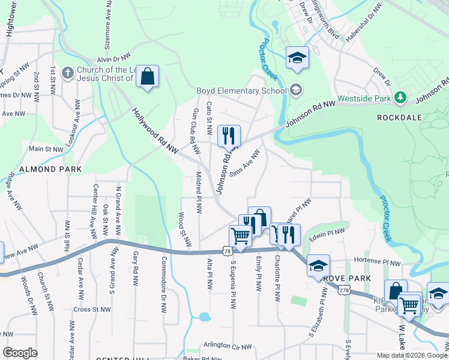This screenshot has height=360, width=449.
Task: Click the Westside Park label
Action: [x=364, y=98]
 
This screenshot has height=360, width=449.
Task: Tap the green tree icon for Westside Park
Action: [x=400, y=97]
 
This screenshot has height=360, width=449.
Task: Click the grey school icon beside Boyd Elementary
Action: [x=295, y=91]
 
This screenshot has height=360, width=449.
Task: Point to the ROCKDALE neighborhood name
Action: [x=401, y=118]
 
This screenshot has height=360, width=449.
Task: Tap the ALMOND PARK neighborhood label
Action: [x=50, y=170]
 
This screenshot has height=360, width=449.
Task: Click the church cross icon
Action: [x=67, y=73]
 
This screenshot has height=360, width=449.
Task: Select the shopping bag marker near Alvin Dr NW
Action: [x=147, y=77]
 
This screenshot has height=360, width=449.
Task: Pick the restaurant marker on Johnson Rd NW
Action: [x=228, y=136]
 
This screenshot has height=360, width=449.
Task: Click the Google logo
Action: [x=20, y=353]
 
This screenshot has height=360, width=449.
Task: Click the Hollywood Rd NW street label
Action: [x=155, y=132]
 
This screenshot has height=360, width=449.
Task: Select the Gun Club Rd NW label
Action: [x=194, y=126]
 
